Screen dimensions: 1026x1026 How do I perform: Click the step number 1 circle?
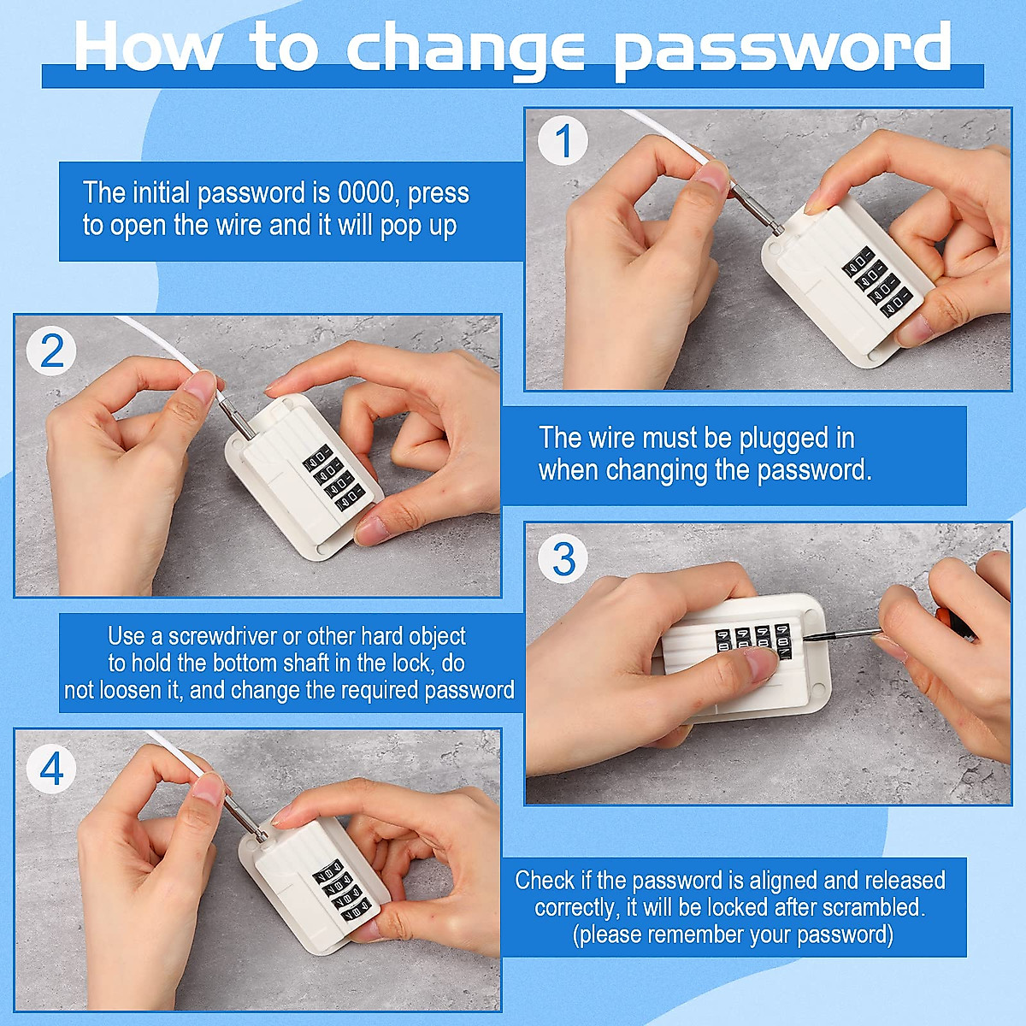[563, 142]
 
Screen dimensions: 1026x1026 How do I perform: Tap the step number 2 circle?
[52, 351]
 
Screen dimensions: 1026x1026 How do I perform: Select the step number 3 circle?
[563, 560]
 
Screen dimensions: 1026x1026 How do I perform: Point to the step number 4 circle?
[52, 768]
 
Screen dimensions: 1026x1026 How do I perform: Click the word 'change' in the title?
[466, 47]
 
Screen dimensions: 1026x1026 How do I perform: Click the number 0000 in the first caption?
[369, 192]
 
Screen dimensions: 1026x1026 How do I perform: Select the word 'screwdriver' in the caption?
[223, 636]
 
